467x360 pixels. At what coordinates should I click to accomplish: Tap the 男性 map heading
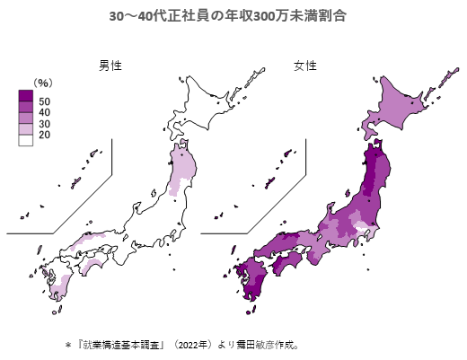tap(110, 66)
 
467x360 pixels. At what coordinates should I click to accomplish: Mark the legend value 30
tap(45, 123)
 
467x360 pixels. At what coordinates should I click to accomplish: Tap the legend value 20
tap(45, 135)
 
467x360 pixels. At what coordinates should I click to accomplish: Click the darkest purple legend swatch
tap(25, 95)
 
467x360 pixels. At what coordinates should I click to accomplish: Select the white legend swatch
tap(25, 140)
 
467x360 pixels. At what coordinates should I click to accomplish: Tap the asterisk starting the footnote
tap(67, 344)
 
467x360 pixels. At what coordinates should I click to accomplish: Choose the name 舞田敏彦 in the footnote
tap(260, 344)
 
